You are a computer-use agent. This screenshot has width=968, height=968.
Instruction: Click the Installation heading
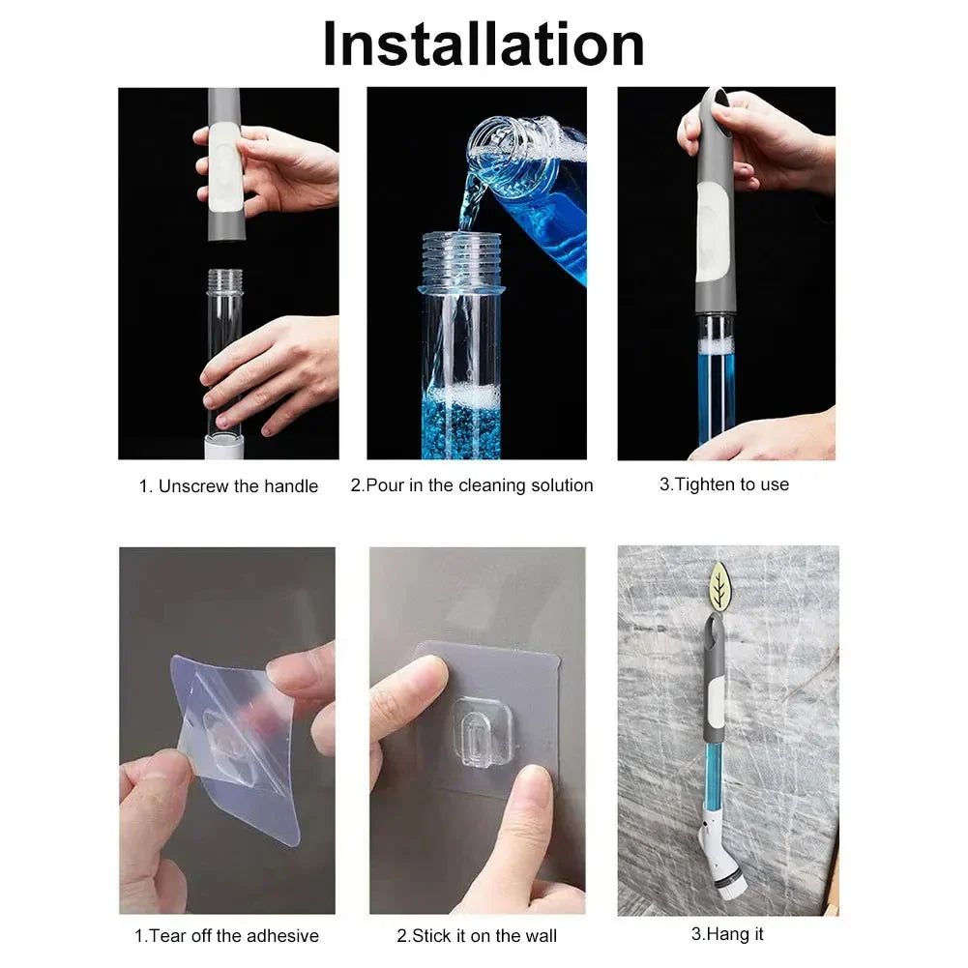[484, 44]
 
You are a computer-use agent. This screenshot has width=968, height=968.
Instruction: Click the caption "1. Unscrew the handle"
[228, 486]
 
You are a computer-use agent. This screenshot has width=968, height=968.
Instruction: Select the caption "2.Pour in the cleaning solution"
[472, 485]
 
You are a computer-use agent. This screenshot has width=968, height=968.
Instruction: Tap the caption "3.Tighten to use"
[724, 484]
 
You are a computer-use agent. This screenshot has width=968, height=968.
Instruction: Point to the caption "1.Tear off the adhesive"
[226, 935]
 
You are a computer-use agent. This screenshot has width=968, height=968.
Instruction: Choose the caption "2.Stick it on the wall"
[477, 935]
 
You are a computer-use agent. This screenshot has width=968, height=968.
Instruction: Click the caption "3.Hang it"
[727, 934]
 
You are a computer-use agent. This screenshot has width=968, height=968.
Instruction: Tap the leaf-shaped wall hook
[720, 586]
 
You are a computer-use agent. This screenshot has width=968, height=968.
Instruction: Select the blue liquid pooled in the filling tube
[461, 425]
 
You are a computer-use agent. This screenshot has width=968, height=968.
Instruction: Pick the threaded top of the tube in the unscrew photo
[224, 281]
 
